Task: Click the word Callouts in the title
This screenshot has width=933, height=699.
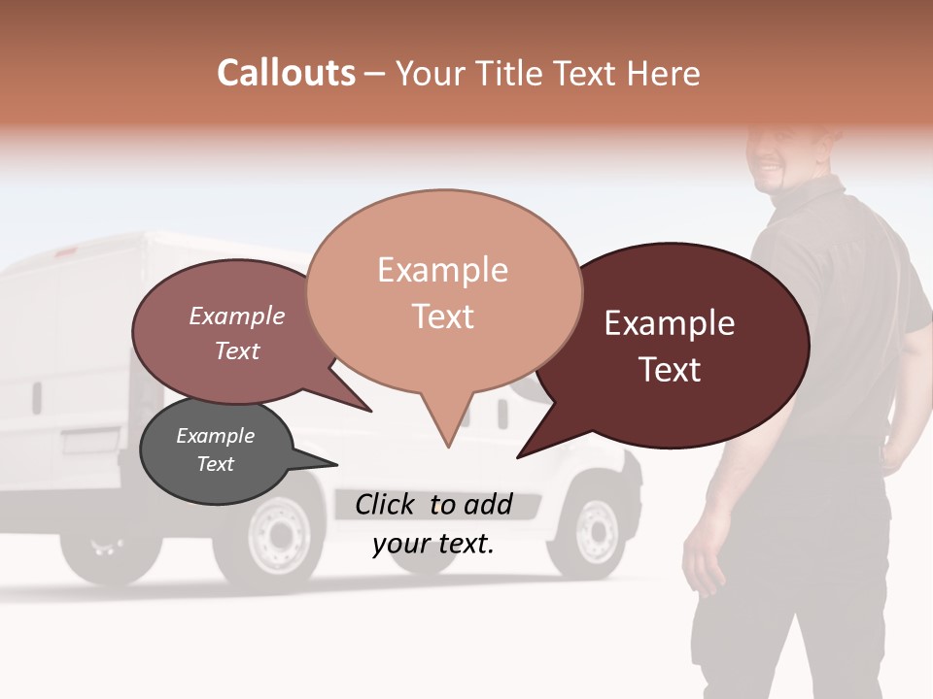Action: (286, 73)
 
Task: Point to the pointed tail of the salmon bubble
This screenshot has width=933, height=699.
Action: (446, 437)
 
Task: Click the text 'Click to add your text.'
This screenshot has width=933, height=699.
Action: (432, 524)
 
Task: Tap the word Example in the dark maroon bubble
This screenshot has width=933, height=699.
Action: (670, 323)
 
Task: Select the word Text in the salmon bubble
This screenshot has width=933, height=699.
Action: (443, 316)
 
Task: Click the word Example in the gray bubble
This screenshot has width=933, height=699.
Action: (215, 436)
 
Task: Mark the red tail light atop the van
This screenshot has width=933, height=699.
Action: (66, 251)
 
